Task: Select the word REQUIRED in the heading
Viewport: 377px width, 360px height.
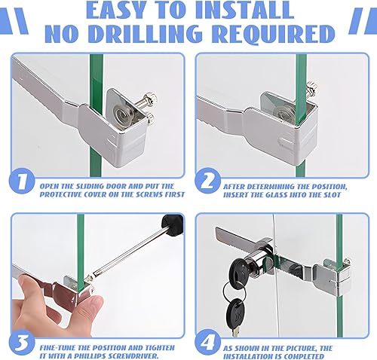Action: [x=273, y=33]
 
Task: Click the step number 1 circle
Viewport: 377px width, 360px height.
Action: [x=22, y=181]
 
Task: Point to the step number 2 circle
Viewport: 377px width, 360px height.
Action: [x=207, y=181]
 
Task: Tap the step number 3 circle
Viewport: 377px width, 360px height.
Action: [x=22, y=342]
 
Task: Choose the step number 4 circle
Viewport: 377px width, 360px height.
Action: [x=207, y=342]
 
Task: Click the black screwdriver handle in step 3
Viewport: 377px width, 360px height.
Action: [x=173, y=224]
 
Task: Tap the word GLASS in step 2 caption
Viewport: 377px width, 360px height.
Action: [x=276, y=195]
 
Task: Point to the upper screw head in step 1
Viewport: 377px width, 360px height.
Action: [x=150, y=97]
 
